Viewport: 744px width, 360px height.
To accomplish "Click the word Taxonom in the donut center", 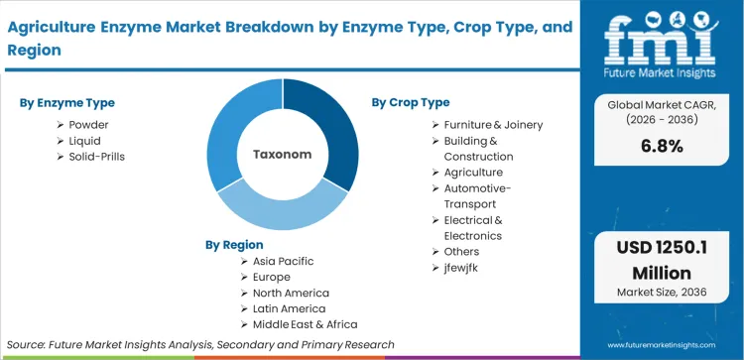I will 283,155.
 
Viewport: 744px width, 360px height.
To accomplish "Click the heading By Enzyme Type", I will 66,102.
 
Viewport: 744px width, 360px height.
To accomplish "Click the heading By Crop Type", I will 411,102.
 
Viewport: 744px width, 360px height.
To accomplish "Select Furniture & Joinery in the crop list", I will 493,124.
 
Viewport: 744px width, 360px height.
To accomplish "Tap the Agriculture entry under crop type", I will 480,172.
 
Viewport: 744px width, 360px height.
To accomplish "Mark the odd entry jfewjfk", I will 464,267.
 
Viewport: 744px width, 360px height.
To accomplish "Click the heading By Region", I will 234,244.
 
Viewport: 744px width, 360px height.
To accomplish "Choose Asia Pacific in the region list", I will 283,261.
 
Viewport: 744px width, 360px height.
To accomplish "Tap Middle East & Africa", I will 305,324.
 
